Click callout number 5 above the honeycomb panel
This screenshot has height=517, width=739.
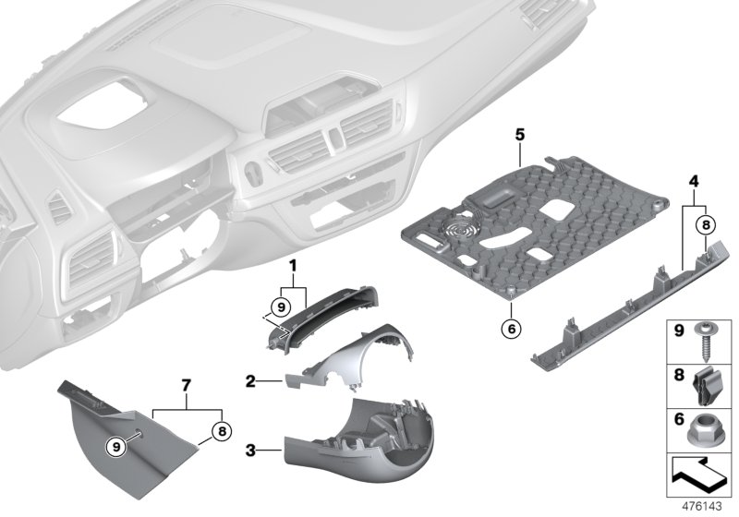[520, 135]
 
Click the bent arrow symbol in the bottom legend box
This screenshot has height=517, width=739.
[698, 477]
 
